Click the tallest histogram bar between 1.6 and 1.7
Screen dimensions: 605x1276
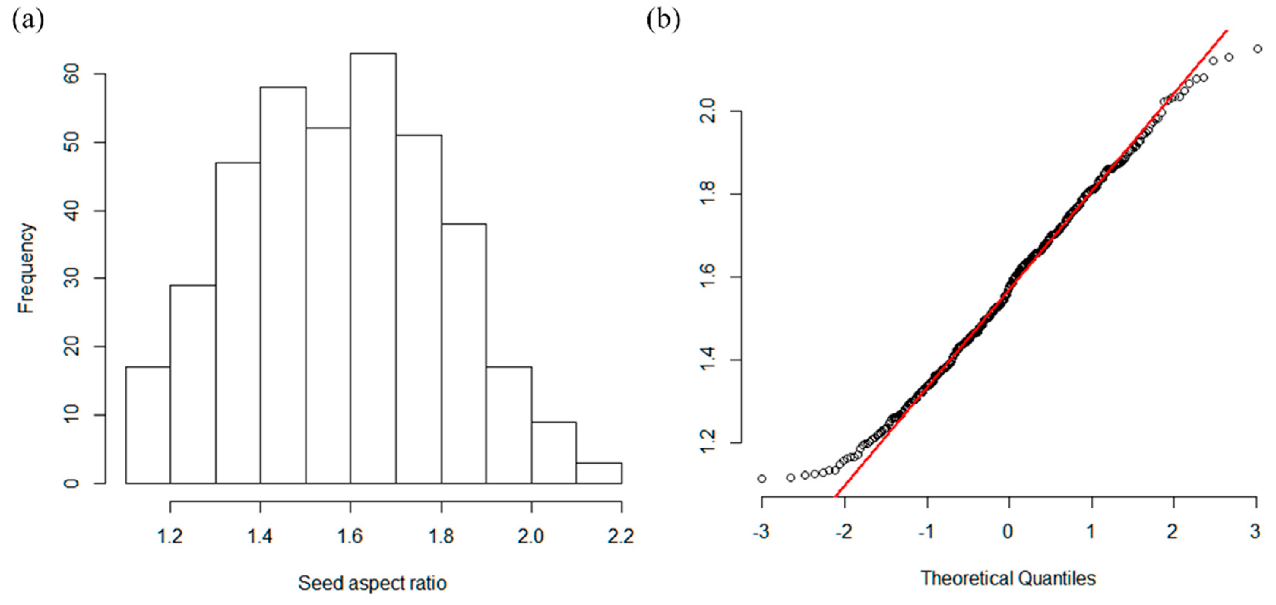[373, 268]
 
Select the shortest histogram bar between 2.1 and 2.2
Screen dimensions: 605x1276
[599, 473]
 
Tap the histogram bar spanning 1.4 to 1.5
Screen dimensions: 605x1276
[283, 285]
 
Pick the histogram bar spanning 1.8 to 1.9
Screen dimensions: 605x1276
[464, 353]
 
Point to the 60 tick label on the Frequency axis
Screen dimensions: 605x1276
[72, 74]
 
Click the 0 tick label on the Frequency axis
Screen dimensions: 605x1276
[72, 483]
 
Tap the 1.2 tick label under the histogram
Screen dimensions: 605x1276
[170, 536]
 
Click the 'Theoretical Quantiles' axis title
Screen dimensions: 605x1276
[1008, 578]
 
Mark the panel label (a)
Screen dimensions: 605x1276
[28, 20]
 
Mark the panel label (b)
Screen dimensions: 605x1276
[663, 20]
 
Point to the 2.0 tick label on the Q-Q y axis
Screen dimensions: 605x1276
[708, 111]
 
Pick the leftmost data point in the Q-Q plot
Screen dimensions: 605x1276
[762, 479]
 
